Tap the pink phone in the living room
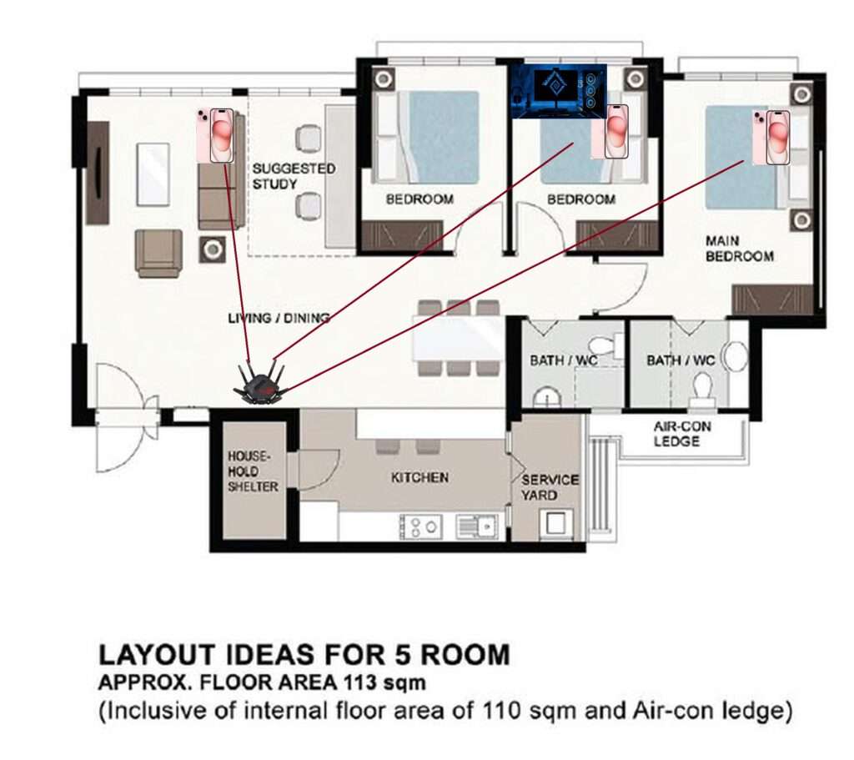[x=216, y=135]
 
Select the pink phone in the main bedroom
[x=771, y=137]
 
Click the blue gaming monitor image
[x=558, y=91]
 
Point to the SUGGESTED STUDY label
[x=294, y=176]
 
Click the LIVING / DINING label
[x=279, y=318]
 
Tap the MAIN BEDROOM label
[x=739, y=249]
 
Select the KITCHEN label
[x=420, y=478]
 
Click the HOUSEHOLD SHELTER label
[x=253, y=471]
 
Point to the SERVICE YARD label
[x=550, y=487]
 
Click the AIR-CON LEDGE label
[x=682, y=434]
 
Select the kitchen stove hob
[x=420, y=526]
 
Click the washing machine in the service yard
[x=556, y=524]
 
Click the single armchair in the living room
[x=158, y=254]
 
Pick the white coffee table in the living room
[x=153, y=174]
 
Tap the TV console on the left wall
[x=98, y=173]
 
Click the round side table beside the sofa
[x=213, y=250]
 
